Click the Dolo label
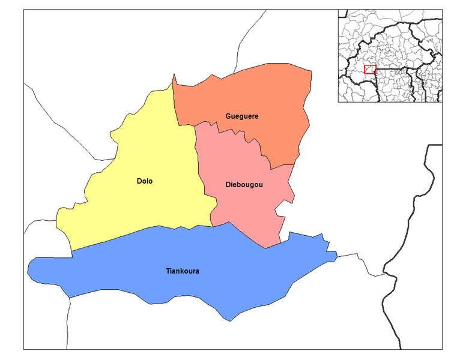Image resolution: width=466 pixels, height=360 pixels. (x=144, y=181)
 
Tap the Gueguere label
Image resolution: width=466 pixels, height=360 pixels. (x=242, y=116)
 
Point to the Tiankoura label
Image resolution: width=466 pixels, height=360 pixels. (x=183, y=271)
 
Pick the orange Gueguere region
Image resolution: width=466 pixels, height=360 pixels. (x=264, y=96)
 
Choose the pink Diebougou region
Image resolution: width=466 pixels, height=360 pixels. (x=240, y=210)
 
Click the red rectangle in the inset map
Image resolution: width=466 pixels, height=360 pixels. (x=370, y=69)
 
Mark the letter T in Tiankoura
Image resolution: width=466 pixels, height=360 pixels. (x=168, y=271)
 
